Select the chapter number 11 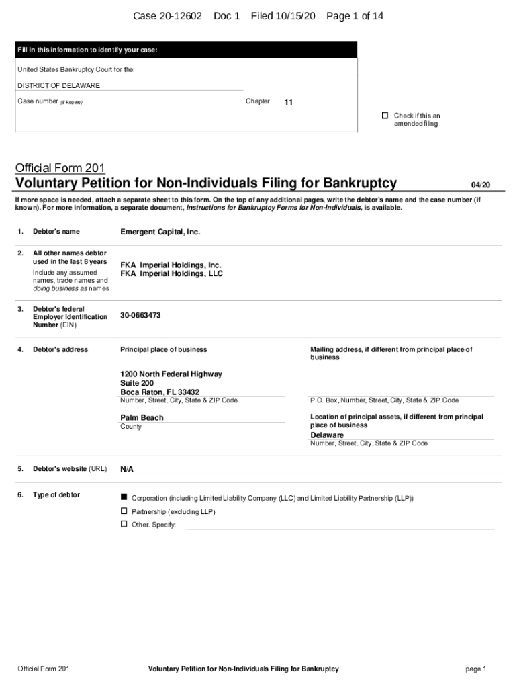(288, 103)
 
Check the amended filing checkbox (385, 116)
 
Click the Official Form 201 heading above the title (60, 167)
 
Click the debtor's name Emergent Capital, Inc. (160, 232)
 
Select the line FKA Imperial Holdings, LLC (171, 274)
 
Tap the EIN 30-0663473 (140, 315)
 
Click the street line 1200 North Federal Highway (171, 374)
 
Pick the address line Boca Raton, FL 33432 (160, 392)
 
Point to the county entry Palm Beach (142, 417)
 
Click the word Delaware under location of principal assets (327, 435)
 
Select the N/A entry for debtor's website (127, 469)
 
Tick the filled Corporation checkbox (124, 497)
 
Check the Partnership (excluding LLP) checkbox (124, 511)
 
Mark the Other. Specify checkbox (124, 524)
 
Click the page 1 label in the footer (475, 669)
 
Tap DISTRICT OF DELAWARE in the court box (58, 85)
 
